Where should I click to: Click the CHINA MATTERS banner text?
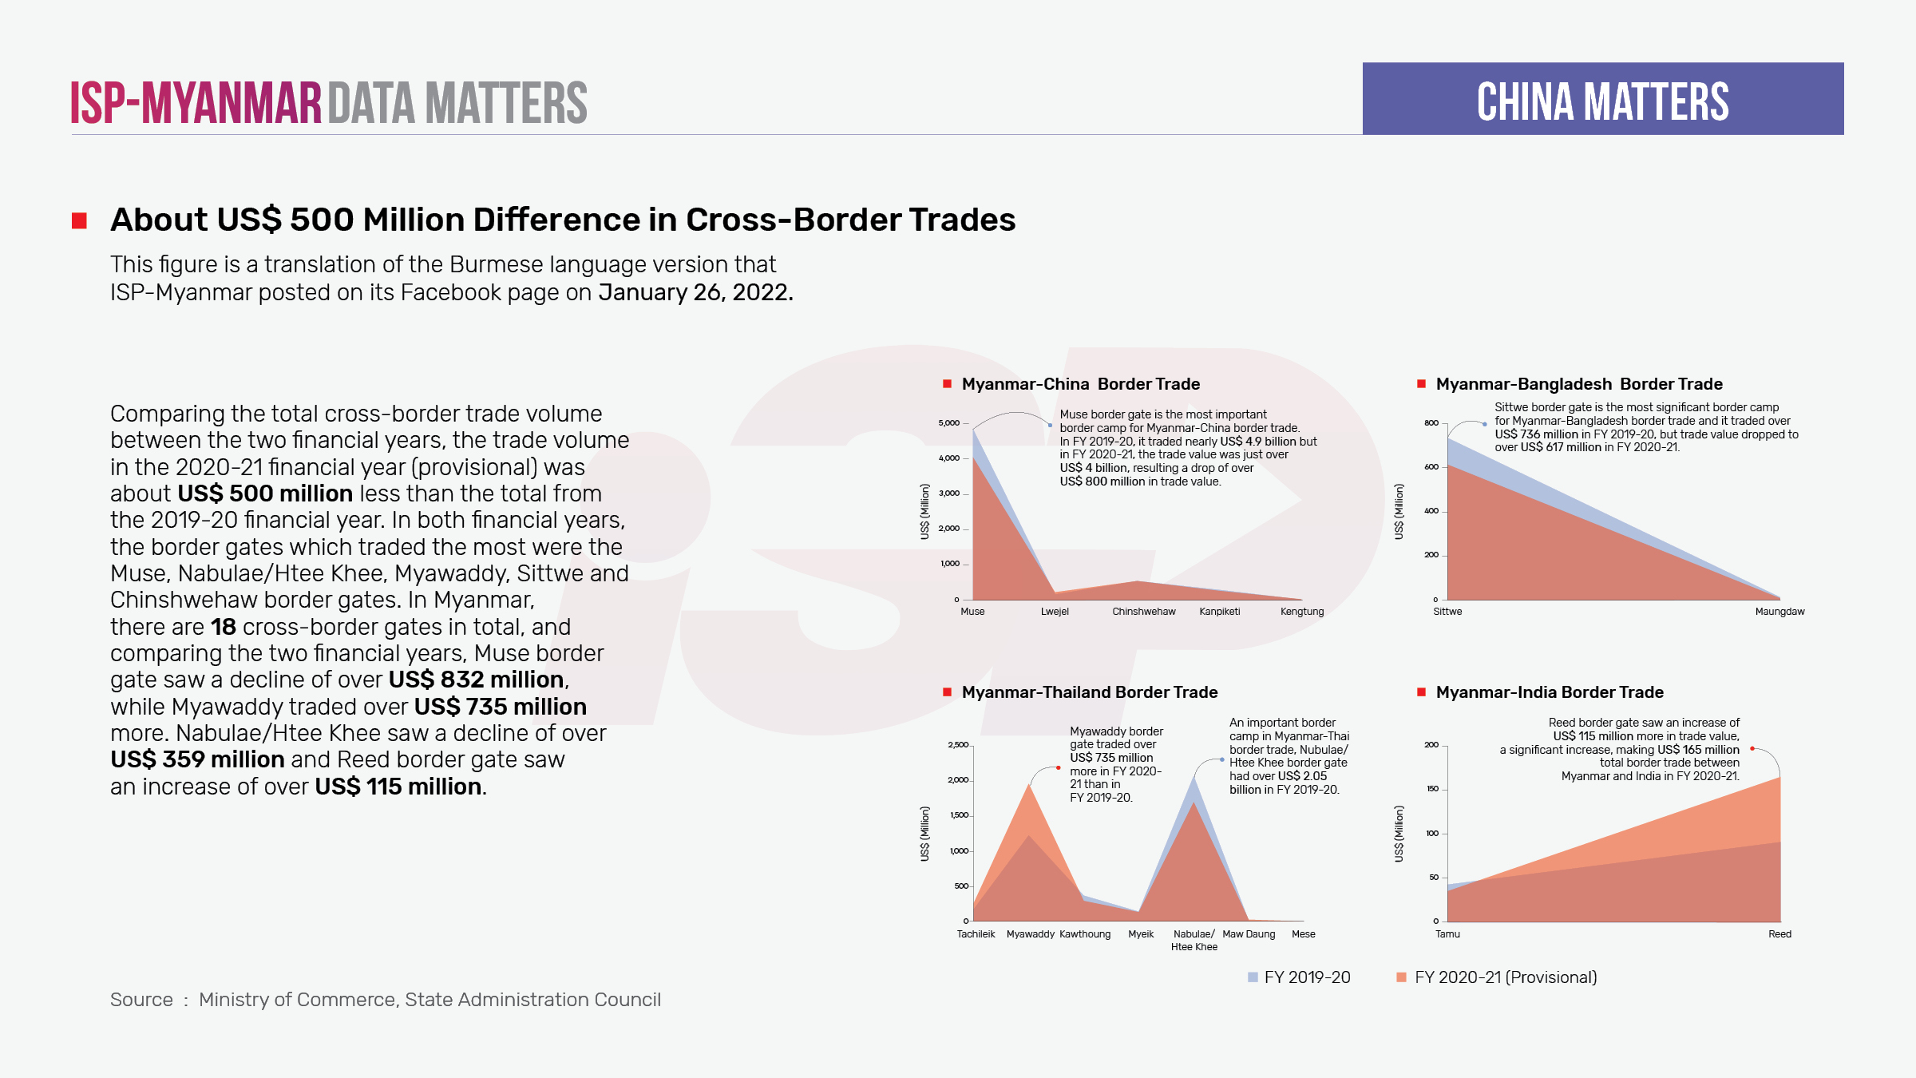point(1602,101)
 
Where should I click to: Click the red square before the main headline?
point(79,220)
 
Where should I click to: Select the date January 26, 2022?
point(695,292)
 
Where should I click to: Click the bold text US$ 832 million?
point(477,680)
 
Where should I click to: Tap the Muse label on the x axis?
point(972,612)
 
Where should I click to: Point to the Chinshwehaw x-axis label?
point(1143,612)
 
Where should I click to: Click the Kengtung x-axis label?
point(1301,612)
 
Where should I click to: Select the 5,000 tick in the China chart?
point(948,423)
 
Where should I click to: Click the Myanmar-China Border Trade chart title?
point(1080,384)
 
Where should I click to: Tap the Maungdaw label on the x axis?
point(1779,612)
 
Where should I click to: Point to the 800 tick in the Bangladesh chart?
point(1431,423)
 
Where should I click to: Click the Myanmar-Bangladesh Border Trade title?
point(1578,384)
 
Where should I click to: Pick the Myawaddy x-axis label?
point(1030,934)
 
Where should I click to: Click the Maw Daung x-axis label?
point(1249,934)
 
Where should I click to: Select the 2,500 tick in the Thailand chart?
point(957,745)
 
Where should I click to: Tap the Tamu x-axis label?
point(1447,934)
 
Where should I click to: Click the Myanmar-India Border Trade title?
point(1549,692)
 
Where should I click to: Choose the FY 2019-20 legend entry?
point(1306,977)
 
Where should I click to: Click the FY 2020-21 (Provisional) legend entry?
point(1505,977)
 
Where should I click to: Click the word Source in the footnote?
point(141,1000)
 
